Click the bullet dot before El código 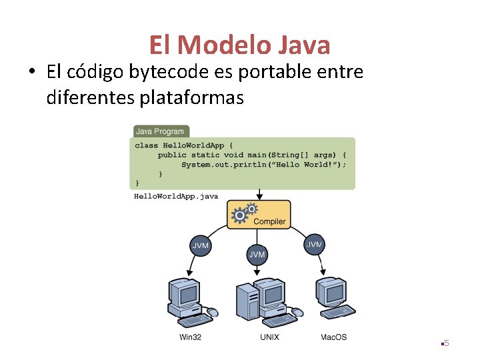(33, 72)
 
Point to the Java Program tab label (160, 131)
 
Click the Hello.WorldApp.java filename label (176, 196)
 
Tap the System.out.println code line (264, 164)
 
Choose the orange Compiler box (259, 215)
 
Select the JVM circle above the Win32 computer (201, 246)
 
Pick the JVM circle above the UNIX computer (257, 254)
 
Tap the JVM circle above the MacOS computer (314, 245)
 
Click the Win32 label (191, 337)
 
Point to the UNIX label (269, 337)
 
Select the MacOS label (333, 337)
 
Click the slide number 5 (447, 343)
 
